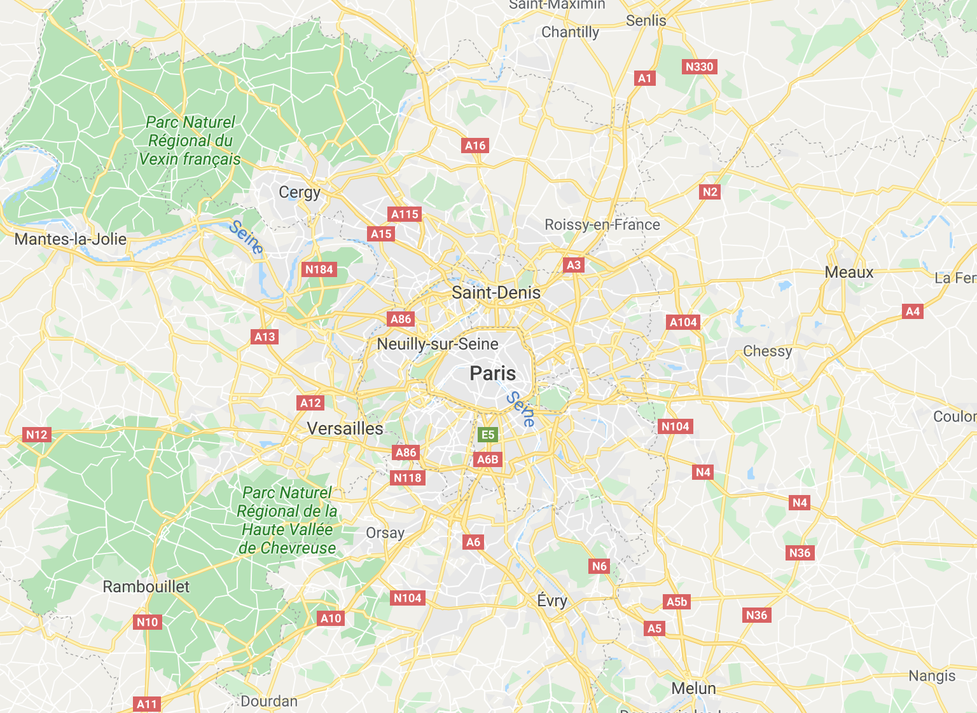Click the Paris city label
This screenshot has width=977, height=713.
coord(492,373)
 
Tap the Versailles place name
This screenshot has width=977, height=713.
coord(345,428)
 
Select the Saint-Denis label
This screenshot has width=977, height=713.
coord(495,292)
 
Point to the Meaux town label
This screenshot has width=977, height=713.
coord(849,272)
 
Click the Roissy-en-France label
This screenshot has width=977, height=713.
coord(602,224)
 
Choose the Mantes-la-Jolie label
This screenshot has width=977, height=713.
coord(71,239)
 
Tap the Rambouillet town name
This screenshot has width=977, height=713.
coord(146,586)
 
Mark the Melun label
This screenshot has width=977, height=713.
coord(693,688)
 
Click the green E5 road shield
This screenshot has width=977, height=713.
coord(487,435)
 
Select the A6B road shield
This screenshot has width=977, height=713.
coord(487,459)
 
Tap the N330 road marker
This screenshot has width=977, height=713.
coord(699,67)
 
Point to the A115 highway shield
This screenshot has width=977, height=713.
coord(405,214)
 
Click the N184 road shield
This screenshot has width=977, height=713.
coord(319,269)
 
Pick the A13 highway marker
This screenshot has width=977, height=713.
coord(265,337)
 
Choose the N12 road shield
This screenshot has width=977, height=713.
coord(36,435)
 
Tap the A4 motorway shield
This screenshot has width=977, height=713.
coord(912,311)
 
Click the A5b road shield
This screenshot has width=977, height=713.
coord(676,602)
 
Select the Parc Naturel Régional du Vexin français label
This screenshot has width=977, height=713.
coord(190,140)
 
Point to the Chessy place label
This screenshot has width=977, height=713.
coord(767,351)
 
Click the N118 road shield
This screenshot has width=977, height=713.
coord(407,478)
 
